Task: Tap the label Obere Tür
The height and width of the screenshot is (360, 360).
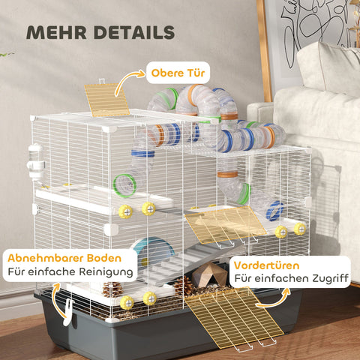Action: tap(179, 73)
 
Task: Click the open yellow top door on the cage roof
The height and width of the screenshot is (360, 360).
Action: tap(107, 99)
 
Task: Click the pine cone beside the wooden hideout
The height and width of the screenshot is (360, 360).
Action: tap(183, 286)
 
